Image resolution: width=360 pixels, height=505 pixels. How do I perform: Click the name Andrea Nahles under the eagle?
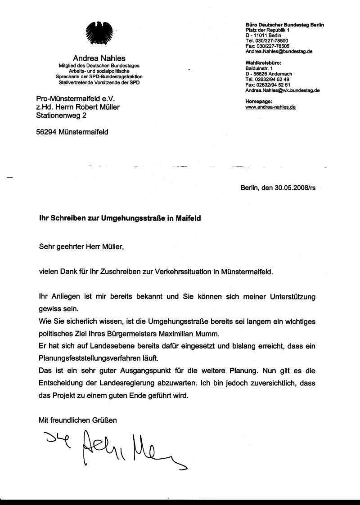99,58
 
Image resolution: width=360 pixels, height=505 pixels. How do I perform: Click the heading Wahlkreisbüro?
263,63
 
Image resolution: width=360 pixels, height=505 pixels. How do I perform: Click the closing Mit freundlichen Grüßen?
78,420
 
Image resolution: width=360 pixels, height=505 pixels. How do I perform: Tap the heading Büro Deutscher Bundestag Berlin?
284,25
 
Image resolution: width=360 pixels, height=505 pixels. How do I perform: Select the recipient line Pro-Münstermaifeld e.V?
76,98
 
